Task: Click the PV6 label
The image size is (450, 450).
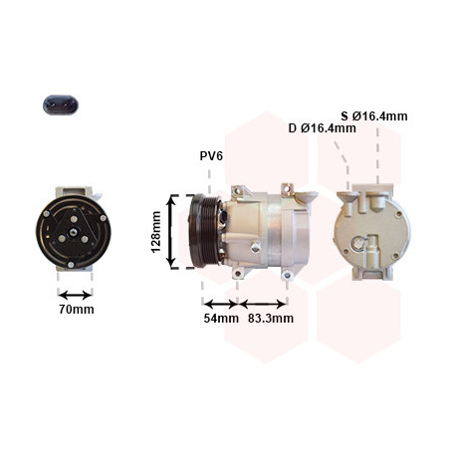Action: tap(211, 155)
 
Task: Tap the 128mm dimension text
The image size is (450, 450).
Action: tap(155, 232)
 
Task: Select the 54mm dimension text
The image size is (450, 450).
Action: tap(221, 319)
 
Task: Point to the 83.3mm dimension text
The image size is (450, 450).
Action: tap(271, 319)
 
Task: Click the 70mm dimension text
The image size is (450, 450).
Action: tap(77, 310)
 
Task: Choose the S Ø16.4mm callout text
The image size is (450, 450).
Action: tap(374, 116)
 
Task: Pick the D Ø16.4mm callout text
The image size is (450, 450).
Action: tap(323, 128)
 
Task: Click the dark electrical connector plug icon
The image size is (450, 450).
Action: tap(61, 105)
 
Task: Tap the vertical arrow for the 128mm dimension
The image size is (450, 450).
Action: tap(171, 232)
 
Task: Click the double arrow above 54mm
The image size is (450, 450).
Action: tap(220, 304)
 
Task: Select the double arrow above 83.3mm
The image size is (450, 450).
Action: tap(263, 304)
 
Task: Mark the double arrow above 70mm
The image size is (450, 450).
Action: tap(75, 295)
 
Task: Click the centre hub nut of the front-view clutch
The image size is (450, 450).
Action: tap(73, 232)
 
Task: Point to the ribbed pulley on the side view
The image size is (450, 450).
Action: tap(203, 231)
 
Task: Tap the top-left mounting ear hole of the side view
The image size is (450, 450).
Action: tap(237, 190)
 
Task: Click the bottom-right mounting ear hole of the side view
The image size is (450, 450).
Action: tap(287, 275)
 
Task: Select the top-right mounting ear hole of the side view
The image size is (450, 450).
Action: tap(287, 188)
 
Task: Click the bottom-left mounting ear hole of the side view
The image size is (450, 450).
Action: tap(237, 274)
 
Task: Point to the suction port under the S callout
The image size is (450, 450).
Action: tap(377, 201)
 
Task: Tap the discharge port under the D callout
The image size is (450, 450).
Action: tap(347, 204)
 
